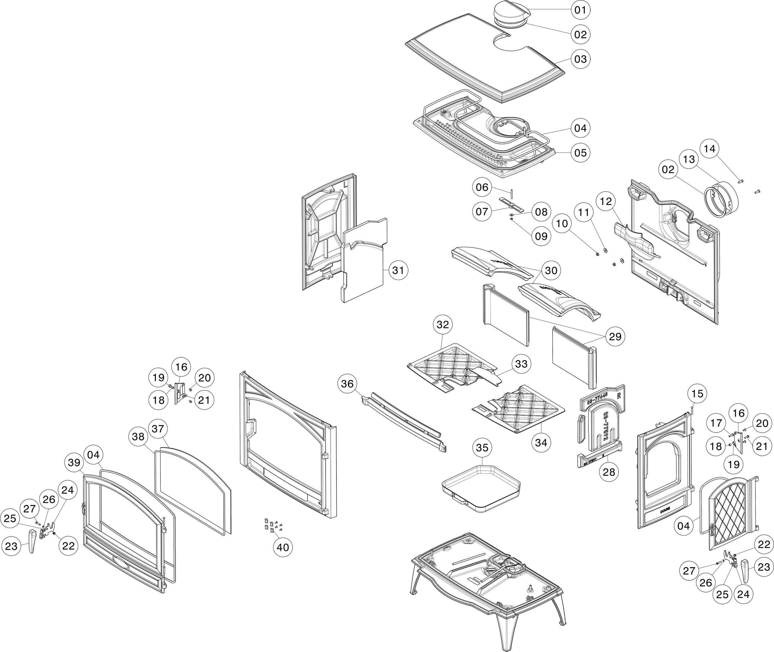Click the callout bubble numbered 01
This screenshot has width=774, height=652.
coord(580,10)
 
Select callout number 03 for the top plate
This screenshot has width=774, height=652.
coord(580,59)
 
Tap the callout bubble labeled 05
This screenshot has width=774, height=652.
coord(580,153)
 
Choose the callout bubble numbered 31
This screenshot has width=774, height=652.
coord(398,270)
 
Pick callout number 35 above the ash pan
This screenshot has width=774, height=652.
coord(482,447)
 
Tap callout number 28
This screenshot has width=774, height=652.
coord(609,472)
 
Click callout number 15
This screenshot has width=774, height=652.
coord(697,394)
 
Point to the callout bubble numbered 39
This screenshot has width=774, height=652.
coord(74,462)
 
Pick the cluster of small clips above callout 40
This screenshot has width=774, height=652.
coord(272,526)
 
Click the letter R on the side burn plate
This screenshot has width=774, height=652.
coord(619,395)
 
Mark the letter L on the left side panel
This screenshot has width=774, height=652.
coord(345,184)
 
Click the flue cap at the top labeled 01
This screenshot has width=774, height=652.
coord(512,12)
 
